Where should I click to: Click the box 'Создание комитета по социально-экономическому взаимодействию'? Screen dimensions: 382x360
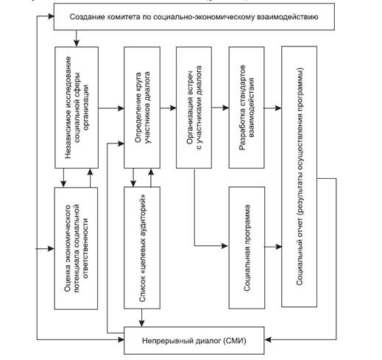pyautogui.click(x=194, y=17)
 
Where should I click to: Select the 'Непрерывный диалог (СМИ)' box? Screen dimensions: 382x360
pyautogui.click(x=194, y=340)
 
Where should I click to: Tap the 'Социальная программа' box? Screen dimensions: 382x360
pyautogui.click(x=247, y=247)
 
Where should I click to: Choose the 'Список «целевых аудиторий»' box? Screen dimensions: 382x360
pyautogui.click(x=142, y=247)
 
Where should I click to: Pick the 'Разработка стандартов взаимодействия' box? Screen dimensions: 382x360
pyautogui.click(x=247, y=107)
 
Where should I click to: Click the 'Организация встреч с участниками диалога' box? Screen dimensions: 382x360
pyautogui.click(x=194, y=107)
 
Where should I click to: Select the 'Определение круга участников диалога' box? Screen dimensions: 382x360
pyautogui.click(x=142, y=107)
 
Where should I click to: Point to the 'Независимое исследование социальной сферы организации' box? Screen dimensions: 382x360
pyautogui.click(x=77, y=107)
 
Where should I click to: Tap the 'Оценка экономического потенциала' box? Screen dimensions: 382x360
pyautogui.click(x=76, y=248)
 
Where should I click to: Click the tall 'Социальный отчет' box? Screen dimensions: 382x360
pyautogui.click(x=300, y=177)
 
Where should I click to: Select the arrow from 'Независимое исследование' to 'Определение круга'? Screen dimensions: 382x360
pyautogui.click(x=111, y=108)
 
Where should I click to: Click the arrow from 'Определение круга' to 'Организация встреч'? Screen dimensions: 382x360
pyautogui.click(x=169, y=107)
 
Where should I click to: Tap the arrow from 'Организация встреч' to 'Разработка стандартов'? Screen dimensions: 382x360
pyautogui.click(x=220, y=107)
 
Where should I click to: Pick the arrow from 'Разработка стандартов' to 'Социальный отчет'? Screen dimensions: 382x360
pyautogui.click(x=273, y=107)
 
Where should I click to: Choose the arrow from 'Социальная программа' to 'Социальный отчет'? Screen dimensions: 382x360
pyautogui.click(x=273, y=247)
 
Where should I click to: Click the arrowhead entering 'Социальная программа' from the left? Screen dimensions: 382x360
pyautogui.click(x=225, y=245)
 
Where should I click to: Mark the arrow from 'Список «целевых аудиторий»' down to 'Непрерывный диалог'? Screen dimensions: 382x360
pyautogui.click(x=141, y=318)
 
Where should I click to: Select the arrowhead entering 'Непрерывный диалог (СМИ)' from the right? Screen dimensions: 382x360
pyautogui.click(x=268, y=339)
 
